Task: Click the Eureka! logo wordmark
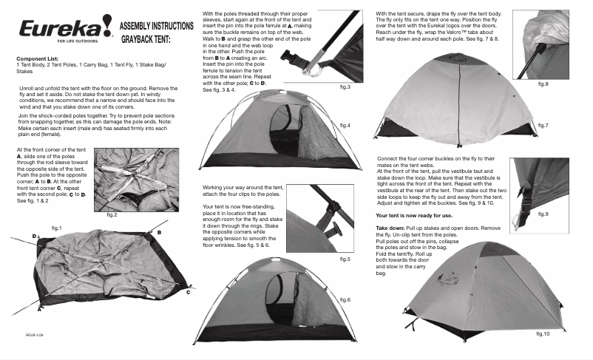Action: point(51,28)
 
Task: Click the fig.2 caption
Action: point(112,214)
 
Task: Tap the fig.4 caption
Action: point(345,126)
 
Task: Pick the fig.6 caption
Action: point(345,299)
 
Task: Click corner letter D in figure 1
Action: point(34,235)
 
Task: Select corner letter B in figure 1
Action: point(159,231)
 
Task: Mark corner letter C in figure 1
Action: point(188,293)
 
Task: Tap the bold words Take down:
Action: point(393,228)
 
